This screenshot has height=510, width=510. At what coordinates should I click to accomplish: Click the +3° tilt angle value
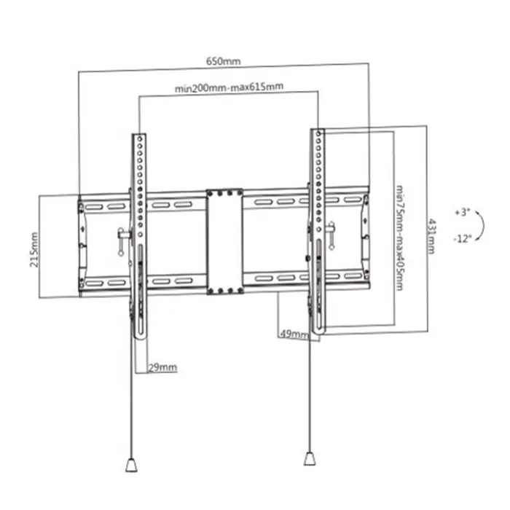pos(462,213)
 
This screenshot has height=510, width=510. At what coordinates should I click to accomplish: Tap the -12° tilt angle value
pos(462,237)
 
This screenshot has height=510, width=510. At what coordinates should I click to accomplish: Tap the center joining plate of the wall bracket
pos(224,242)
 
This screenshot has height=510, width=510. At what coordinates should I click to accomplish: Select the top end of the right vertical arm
pos(318,133)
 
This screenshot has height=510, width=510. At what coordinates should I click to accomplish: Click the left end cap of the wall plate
pos(81,245)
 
